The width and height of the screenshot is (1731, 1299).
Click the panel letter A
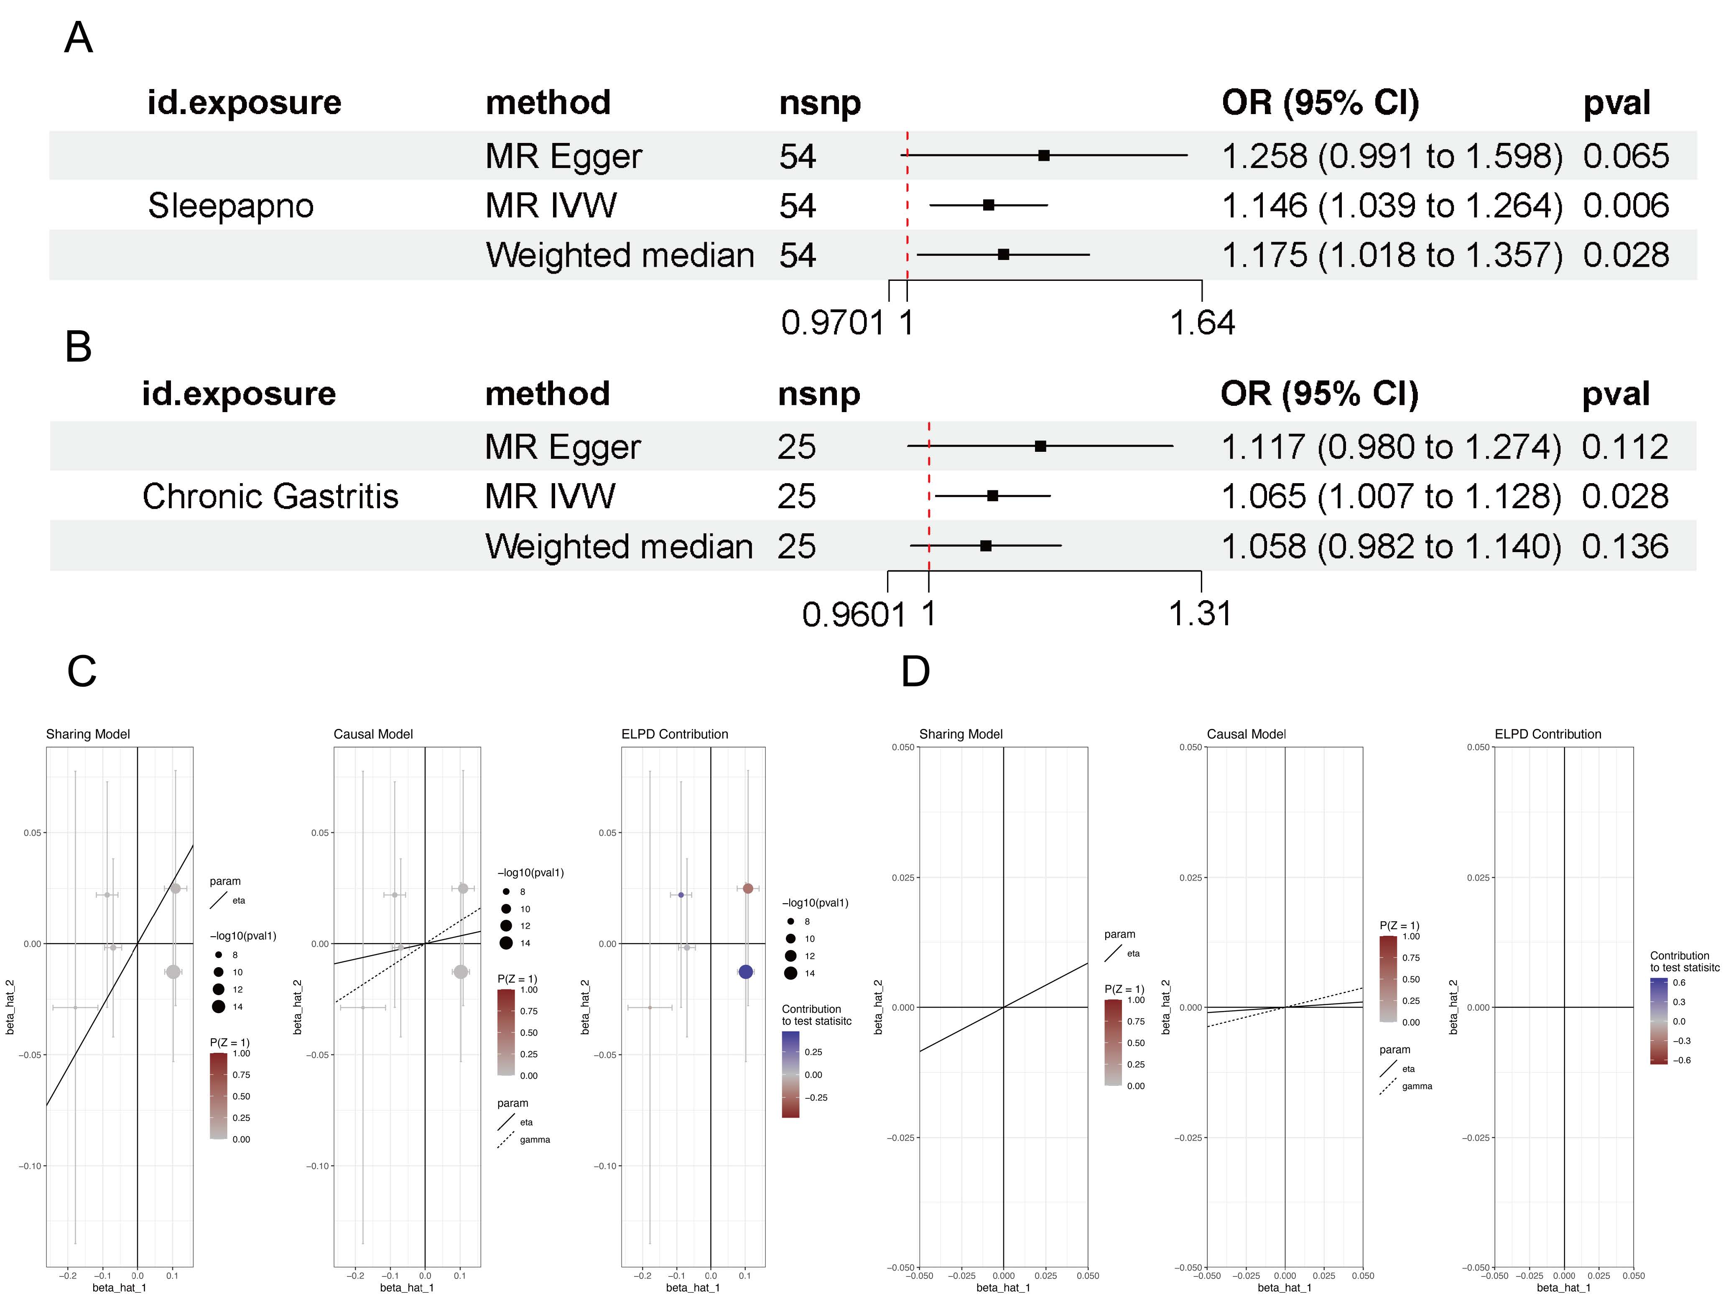pos(78,38)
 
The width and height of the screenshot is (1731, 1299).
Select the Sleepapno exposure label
pos(231,206)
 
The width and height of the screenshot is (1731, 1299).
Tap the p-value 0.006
pos(1625,206)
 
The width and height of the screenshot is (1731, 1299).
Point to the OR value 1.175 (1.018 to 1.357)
pos(1392,255)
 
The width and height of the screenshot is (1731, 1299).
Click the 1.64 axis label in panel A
pos(1202,322)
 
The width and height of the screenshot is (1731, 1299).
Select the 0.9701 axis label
pos(833,322)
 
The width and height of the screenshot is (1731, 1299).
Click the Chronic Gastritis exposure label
pos(270,496)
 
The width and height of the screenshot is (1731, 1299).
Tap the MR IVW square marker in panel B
pos(992,495)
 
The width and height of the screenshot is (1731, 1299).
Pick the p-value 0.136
pos(1624,546)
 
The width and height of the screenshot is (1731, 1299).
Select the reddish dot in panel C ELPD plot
pos(748,888)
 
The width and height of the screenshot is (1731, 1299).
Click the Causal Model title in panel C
pos(373,734)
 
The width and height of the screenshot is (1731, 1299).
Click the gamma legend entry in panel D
pos(1416,1086)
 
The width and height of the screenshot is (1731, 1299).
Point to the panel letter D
pos(915,671)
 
